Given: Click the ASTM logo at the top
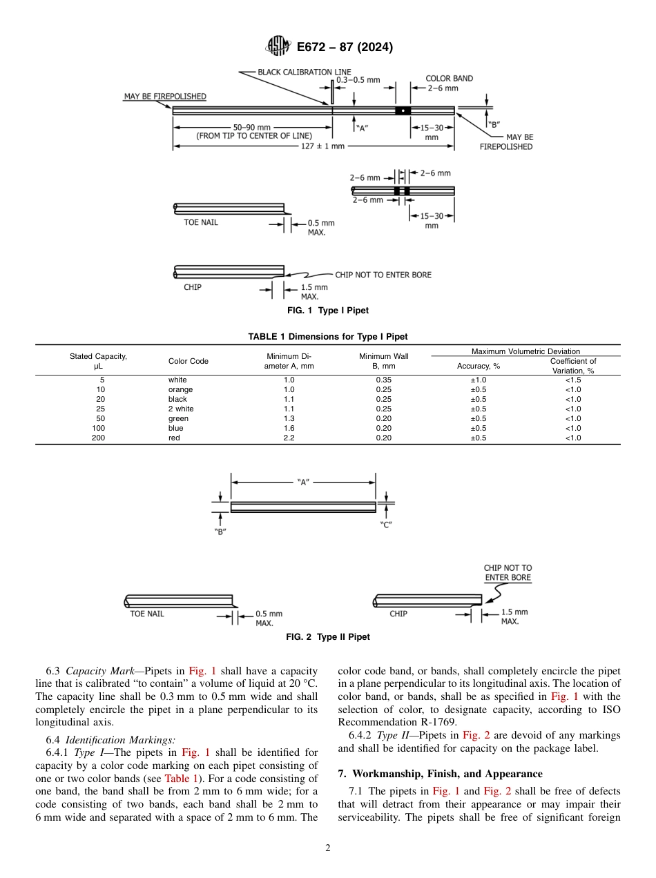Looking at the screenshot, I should tap(278, 47).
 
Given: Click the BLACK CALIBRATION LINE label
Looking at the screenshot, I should tap(304, 72).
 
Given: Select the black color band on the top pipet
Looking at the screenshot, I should tap(403, 110).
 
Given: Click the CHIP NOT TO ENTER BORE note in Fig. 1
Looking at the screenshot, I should tap(383, 275).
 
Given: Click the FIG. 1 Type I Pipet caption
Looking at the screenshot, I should tap(328, 311).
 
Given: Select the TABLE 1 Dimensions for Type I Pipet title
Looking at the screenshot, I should tap(328, 337).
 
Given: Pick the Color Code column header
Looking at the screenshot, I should tap(188, 361).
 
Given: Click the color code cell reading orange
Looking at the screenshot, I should tap(180, 389).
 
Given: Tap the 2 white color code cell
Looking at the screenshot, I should tap(181, 409).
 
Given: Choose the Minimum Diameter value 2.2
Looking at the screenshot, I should tap(289, 438).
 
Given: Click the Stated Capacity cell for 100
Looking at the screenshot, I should tap(101, 428).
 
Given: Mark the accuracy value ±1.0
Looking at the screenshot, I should tap(478, 380).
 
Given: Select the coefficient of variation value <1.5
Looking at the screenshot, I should tap(573, 380).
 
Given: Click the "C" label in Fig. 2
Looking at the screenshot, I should tap(386, 525).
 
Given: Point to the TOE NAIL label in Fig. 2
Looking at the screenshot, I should tap(147, 614).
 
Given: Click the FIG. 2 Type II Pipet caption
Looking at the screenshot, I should tap(328, 637).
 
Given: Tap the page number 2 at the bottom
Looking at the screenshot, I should tap(328, 848).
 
